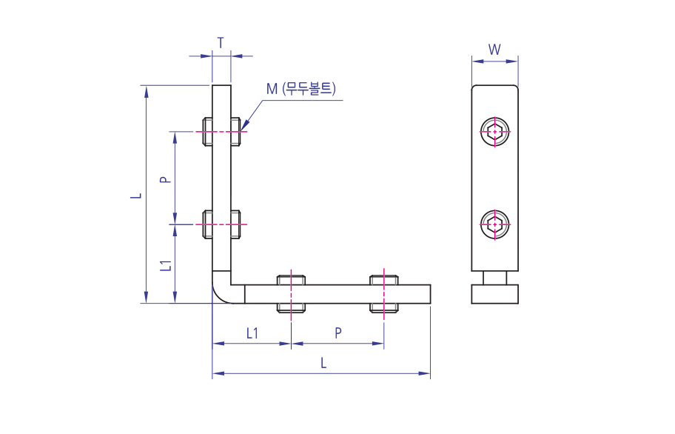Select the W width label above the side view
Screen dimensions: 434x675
point(495,50)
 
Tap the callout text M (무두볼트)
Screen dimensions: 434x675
point(301,90)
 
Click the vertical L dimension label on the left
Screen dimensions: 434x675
point(135,195)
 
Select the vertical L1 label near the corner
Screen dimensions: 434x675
point(167,264)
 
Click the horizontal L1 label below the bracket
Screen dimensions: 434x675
point(252,333)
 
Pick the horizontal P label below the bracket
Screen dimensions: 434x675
point(337,333)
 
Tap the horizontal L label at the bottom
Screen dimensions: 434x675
point(322,363)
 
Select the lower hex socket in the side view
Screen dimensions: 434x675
point(494,224)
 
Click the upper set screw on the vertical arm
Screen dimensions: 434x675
point(221,133)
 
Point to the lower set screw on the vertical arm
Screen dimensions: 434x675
point(221,224)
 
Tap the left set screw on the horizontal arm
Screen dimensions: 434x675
point(292,294)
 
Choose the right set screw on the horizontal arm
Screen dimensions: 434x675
point(383,294)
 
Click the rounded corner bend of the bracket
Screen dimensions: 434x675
point(221,291)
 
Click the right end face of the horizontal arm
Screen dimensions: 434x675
point(430,295)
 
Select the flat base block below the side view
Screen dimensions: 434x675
point(494,294)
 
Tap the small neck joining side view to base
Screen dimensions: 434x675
point(494,278)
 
